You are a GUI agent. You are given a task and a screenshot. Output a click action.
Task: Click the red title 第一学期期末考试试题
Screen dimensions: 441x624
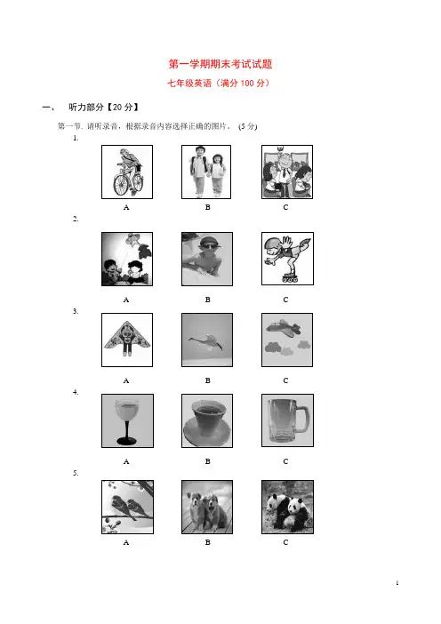click(x=220, y=64)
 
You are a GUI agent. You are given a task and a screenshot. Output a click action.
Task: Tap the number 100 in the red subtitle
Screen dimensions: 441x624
click(x=247, y=84)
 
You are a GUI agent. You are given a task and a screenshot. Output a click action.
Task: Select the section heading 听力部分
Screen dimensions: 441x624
click(x=86, y=107)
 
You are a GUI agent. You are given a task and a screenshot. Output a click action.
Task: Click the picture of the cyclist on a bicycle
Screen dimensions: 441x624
click(x=127, y=172)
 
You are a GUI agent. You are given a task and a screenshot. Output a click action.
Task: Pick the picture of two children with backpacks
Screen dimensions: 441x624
click(x=206, y=172)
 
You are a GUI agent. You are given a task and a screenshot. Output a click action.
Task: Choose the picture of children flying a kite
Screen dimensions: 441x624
click(x=127, y=259)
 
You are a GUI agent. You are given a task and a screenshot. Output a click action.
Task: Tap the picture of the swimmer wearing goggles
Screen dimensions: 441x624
click(x=207, y=259)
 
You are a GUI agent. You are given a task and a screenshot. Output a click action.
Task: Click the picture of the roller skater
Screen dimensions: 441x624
click(x=287, y=259)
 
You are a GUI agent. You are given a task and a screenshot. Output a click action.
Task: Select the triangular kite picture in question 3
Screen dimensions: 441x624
click(x=127, y=340)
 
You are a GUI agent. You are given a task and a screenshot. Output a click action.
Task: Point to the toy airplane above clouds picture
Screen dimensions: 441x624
click(x=287, y=340)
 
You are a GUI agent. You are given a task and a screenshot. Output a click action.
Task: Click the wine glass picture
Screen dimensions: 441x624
click(x=127, y=420)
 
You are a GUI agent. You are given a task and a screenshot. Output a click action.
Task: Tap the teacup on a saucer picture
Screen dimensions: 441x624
click(x=207, y=420)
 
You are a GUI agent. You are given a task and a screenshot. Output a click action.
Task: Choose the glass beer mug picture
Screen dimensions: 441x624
click(x=287, y=420)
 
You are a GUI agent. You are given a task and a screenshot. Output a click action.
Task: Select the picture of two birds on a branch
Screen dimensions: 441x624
click(x=127, y=507)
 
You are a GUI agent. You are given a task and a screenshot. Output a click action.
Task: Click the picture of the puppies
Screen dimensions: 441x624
click(x=207, y=507)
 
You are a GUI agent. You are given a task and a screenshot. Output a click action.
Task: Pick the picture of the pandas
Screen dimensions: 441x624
click(x=287, y=507)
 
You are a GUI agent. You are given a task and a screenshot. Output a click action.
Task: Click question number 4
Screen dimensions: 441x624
click(x=76, y=392)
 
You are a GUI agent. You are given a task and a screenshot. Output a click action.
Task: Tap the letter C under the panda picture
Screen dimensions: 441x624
click(x=285, y=542)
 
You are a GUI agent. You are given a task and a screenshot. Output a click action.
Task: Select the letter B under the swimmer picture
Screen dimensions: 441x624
click(x=207, y=300)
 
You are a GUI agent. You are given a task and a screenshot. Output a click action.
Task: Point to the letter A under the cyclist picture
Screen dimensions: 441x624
click(x=126, y=207)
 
